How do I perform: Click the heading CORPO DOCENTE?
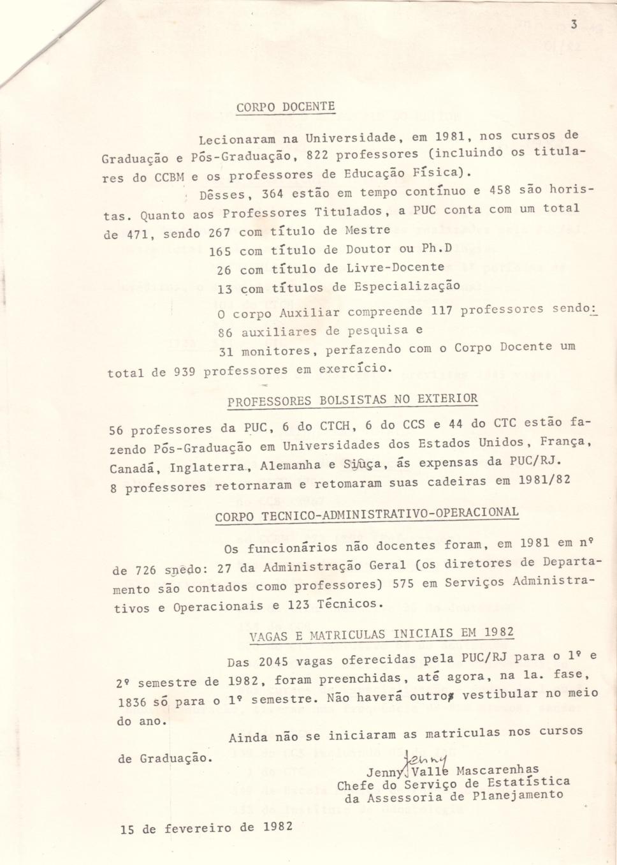(286, 107)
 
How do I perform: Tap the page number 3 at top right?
(574, 25)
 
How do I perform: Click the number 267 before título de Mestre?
(220, 233)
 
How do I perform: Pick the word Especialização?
(407, 286)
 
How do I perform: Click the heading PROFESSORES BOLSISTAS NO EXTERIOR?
(352, 400)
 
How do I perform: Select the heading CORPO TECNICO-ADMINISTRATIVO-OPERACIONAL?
(367, 514)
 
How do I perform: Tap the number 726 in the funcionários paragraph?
(147, 570)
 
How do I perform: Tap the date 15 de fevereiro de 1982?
(207, 828)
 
